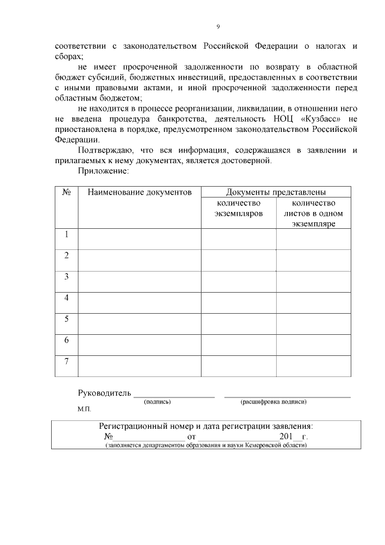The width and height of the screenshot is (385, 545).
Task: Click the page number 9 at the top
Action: click(218, 26)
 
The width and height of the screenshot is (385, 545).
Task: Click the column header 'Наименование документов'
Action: click(140, 192)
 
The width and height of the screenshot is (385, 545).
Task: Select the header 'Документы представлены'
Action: click(276, 192)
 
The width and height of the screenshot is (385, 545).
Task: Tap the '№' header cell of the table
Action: click(67, 192)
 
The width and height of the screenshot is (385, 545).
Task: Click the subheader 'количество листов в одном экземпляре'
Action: click(313, 213)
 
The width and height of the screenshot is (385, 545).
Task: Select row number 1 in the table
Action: click(67, 234)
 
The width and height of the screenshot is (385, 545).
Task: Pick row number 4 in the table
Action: click(67, 297)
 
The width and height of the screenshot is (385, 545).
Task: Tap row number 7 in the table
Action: click(67, 361)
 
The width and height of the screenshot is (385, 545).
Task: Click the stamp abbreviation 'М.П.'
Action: click(84, 410)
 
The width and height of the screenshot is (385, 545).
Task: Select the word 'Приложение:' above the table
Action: click(103, 172)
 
